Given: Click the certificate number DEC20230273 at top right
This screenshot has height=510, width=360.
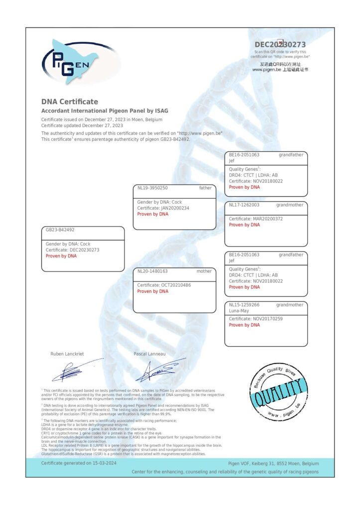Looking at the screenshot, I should tap(280, 45).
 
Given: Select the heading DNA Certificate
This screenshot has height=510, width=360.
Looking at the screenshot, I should tap(70, 102).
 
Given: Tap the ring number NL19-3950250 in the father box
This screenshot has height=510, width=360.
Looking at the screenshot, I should tap(152, 188).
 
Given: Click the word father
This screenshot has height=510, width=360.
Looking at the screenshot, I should tap(205, 188).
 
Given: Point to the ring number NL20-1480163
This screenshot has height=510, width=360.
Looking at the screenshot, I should tap(152, 271).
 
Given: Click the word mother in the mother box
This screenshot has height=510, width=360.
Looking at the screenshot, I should tap(204, 271).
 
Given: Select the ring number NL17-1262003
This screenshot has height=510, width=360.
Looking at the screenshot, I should tap(244, 205).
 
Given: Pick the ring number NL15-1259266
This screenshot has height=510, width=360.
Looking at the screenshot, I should tap(244, 305).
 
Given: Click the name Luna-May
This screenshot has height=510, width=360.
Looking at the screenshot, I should tap(239, 311).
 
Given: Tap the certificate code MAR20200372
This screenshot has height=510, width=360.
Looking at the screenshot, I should tap(266, 219).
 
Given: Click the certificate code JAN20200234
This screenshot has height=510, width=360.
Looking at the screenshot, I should tap(172, 208).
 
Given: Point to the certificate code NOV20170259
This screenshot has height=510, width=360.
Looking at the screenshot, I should tap(266, 319).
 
